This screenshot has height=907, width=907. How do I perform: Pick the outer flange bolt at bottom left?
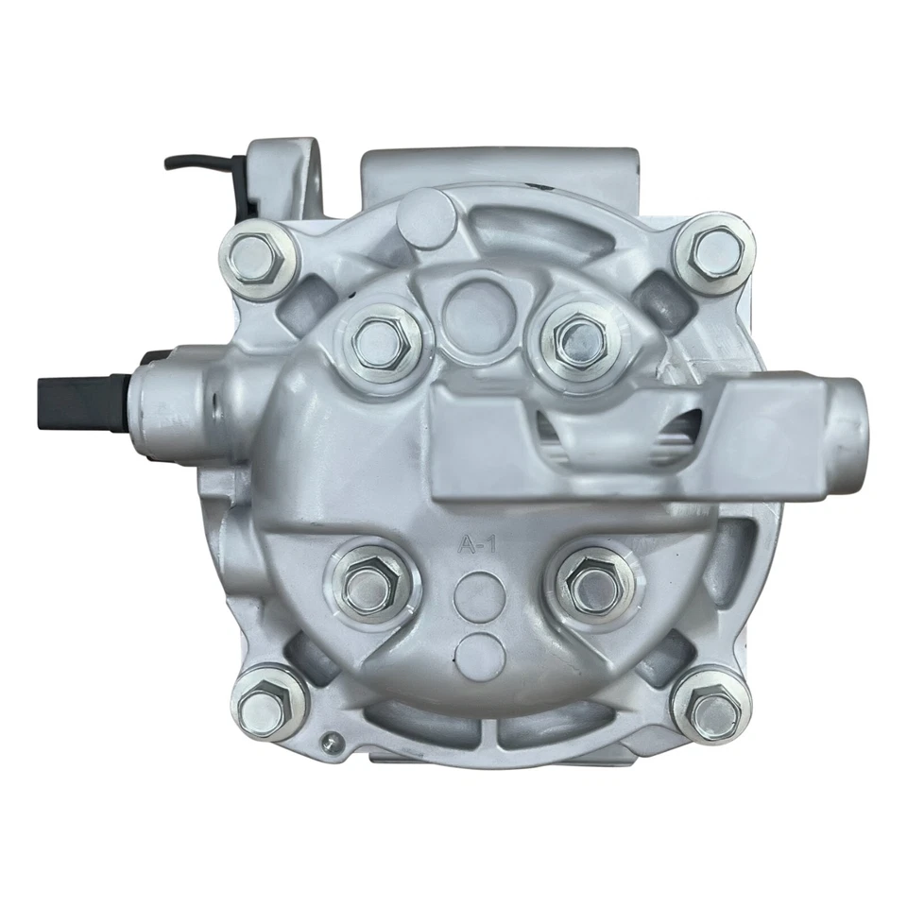(x=260, y=703)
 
